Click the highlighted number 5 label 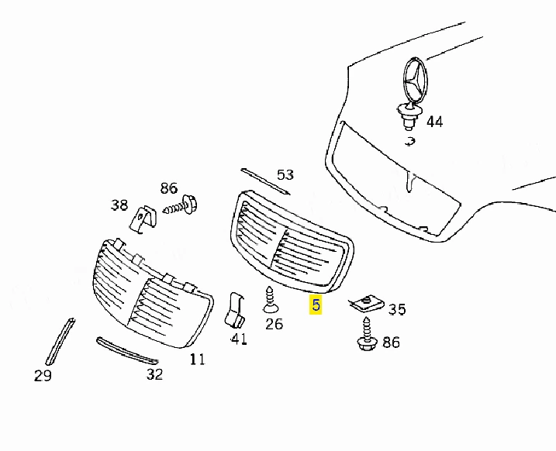point(316,305)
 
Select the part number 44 point(434,122)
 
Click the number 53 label point(285,174)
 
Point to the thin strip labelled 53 point(265,181)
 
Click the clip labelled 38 point(143,219)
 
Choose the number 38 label point(119,205)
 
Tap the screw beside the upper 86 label point(181,205)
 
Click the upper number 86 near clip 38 point(169,188)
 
